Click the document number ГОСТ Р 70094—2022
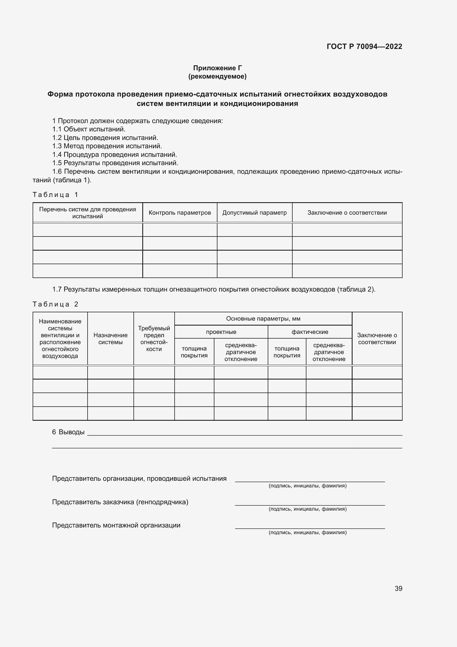pos(364,46)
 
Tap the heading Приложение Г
pos(217,68)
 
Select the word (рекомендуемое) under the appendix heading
pos(217,76)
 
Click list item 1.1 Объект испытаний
pos(89,129)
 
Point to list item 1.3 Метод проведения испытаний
pos(107,146)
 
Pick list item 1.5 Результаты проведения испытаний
pos(115,163)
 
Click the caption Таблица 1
pos(55,195)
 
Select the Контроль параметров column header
pos(180,213)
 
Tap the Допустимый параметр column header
pos(254,213)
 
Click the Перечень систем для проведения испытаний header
pos(88,213)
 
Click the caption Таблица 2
pos(55,304)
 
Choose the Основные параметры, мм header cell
pos(263,319)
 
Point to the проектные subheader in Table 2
pos(221,332)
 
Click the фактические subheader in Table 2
pos(309,332)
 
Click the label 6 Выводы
pos(68,432)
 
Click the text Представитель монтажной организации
pos(116,525)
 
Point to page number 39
pos(398,588)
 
